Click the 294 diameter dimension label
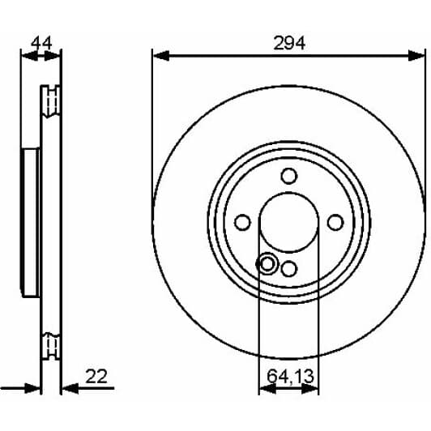coord(289,44)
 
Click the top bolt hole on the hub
coord(289,176)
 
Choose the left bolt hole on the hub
coord(241,223)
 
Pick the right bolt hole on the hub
coord(336,223)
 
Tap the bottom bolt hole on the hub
coord(289,270)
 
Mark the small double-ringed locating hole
coord(267,263)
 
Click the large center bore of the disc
coord(289,223)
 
